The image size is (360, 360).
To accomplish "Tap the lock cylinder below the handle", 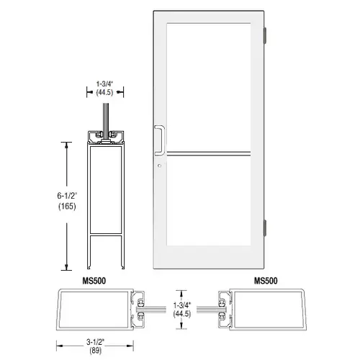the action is [159, 166].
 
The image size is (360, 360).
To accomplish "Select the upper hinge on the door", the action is [265, 36].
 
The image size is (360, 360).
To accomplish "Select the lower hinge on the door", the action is [265, 228].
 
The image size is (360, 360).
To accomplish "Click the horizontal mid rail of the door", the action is [209, 154].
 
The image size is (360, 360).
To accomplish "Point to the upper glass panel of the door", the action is [209, 87].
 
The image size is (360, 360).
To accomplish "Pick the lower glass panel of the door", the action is [209, 201].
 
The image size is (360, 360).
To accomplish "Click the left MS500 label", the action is [94, 281].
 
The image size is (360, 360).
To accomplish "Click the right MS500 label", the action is [266, 281].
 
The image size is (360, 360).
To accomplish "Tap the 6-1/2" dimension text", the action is [67, 196].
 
